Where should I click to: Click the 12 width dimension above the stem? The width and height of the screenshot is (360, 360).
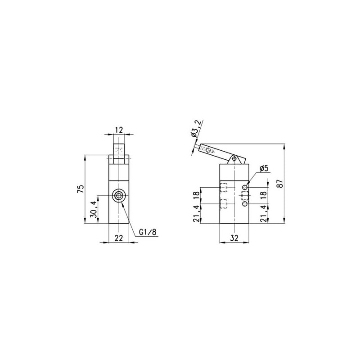coord(119,130)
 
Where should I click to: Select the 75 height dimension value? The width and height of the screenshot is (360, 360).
coord(81,189)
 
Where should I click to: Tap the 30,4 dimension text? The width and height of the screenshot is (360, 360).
coord(93,209)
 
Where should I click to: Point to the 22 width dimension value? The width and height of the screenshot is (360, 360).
coord(119,238)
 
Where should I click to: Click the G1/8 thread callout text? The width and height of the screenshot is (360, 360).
coord(148,232)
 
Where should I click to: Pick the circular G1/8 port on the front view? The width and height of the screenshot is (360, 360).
coord(119,196)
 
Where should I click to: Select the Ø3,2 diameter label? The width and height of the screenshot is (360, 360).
coord(196,129)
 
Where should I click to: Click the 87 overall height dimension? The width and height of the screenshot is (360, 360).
coord(280,184)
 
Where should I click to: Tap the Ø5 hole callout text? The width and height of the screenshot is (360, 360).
coord(264,168)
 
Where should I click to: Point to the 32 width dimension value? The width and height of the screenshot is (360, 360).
coord(234,238)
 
